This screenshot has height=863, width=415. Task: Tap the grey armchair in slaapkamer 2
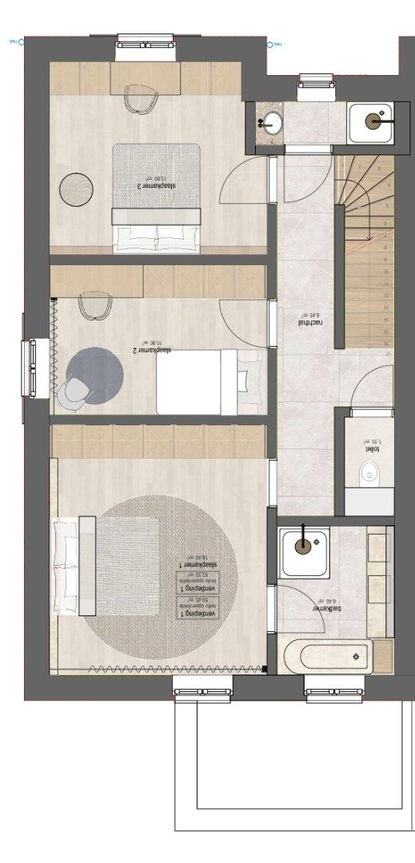tap(74, 392)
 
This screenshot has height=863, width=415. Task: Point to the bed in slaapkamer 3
tap(156, 196)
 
